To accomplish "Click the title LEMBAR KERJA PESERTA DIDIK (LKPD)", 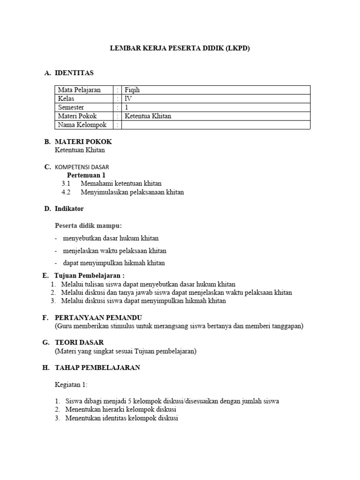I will coord(180,48).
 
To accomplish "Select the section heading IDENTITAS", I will coord(74,73).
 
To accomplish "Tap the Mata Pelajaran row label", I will coord(79,90).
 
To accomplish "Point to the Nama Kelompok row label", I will coord(82,125).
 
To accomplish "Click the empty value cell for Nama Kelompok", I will coord(216,125).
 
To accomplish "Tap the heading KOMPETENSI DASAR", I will coord(82,167).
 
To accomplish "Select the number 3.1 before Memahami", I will coord(66,183).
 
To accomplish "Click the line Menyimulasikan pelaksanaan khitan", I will coord(132,192).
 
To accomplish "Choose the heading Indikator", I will coord(69,209).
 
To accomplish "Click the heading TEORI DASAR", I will coord(79,343).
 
